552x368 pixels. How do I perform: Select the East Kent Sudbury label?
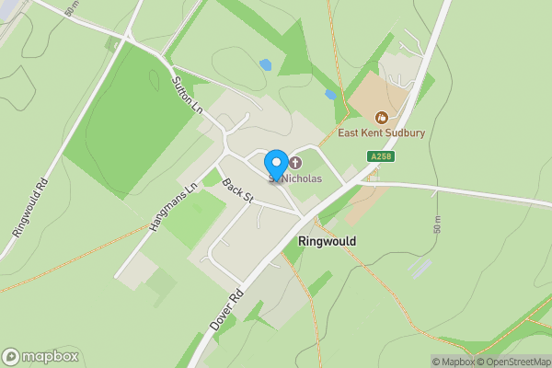pos(381,132)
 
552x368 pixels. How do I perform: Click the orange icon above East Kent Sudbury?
pos(381,116)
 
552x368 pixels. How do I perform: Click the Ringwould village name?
pos(327,240)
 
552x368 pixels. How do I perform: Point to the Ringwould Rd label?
pos(30,207)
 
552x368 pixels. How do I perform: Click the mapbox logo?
pos(40,357)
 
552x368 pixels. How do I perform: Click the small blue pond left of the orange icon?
pos(330,94)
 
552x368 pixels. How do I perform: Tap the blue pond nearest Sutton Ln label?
pos(266,64)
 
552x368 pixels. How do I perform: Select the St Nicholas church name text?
pos(301,178)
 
